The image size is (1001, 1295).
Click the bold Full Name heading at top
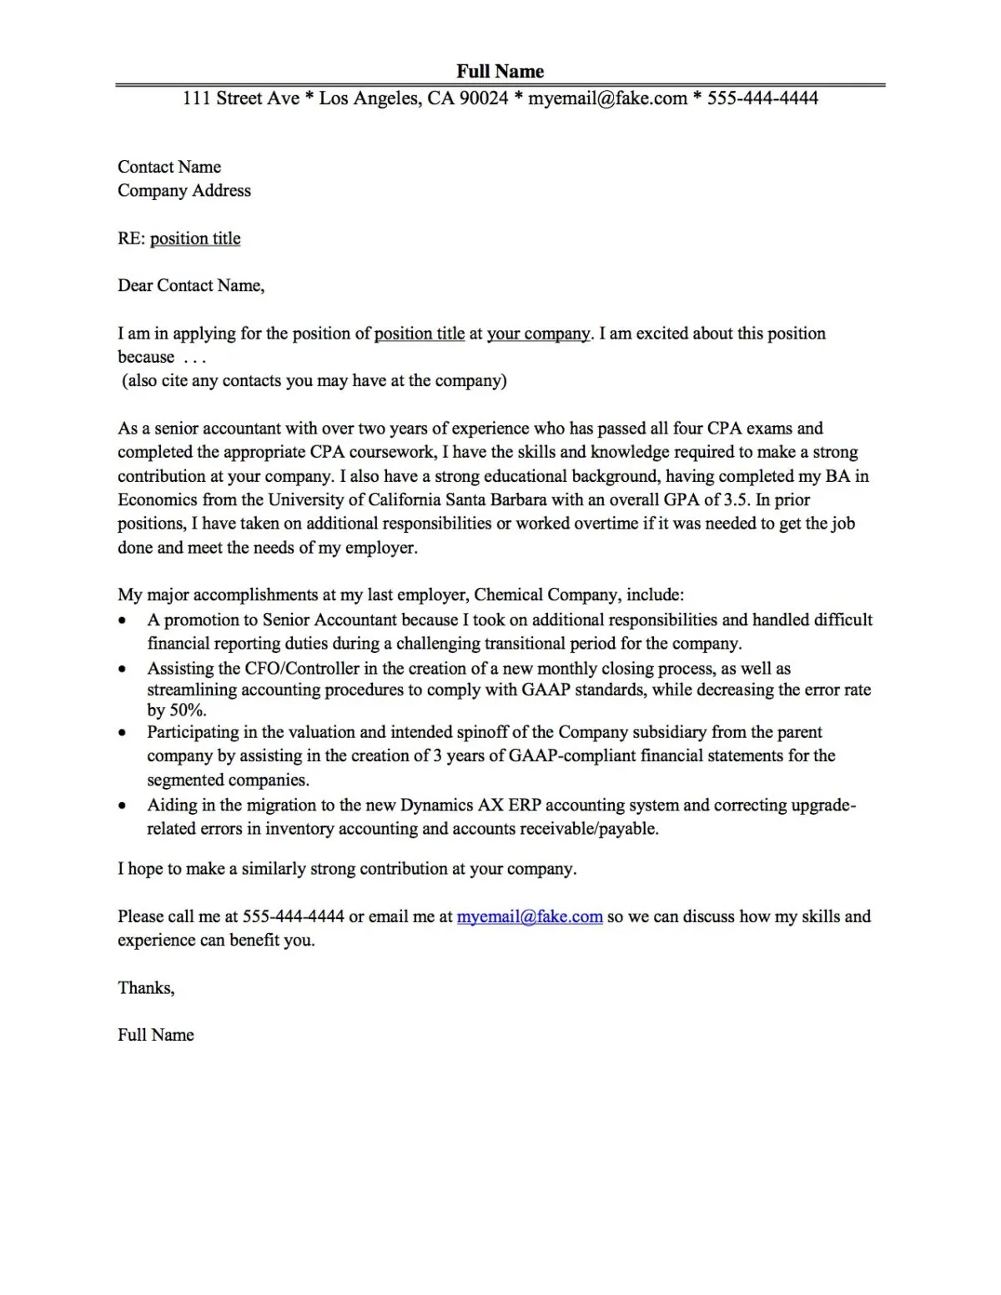pos(500,71)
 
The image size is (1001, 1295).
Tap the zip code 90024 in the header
pos(483,98)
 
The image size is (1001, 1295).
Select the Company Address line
pos(184,190)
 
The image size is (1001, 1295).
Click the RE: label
pos(131,238)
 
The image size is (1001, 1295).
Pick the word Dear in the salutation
pos(135,286)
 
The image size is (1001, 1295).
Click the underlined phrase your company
pos(538,334)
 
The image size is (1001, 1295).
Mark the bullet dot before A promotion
pos(123,621)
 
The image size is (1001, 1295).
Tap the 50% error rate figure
pos(187,710)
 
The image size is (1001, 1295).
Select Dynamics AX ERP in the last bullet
pos(470,805)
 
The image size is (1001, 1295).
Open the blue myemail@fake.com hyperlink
pos(530,916)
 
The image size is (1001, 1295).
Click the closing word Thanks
pos(145,988)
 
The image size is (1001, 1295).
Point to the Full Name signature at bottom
pos(156,1035)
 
